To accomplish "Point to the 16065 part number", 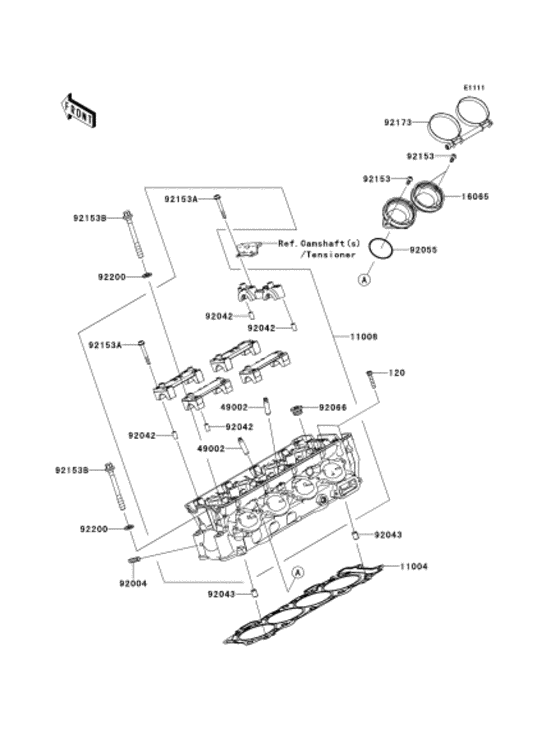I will [474, 198].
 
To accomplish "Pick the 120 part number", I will [396, 373].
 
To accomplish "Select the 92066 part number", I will [333, 408].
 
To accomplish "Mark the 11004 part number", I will [414, 567].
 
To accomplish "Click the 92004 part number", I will [134, 584].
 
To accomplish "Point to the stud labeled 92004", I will [138, 560].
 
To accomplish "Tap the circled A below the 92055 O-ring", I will [363, 282].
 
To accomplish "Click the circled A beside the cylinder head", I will [297, 572].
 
